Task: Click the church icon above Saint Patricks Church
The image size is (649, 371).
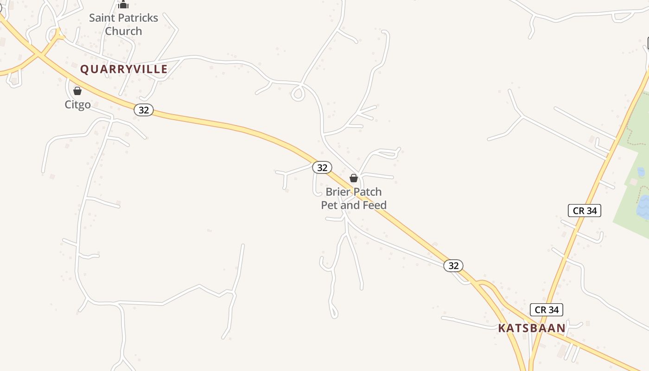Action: (x=123, y=5)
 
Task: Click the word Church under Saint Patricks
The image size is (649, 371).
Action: (x=123, y=31)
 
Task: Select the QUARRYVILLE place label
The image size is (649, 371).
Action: (x=124, y=69)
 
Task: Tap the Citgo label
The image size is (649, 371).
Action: (x=77, y=104)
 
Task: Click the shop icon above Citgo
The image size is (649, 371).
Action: (x=77, y=91)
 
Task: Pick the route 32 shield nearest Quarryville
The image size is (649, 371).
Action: (x=144, y=110)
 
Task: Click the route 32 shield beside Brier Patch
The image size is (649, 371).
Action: (x=322, y=167)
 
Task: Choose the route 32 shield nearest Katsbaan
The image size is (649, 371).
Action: (x=453, y=265)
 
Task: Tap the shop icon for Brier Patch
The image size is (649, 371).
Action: (x=354, y=178)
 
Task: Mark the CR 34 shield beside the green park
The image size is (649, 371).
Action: (x=585, y=211)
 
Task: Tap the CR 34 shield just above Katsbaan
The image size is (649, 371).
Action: (x=547, y=310)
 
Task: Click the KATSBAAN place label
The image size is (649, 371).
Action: (x=532, y=328)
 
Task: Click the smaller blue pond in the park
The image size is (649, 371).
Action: (x=641, y=173)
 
